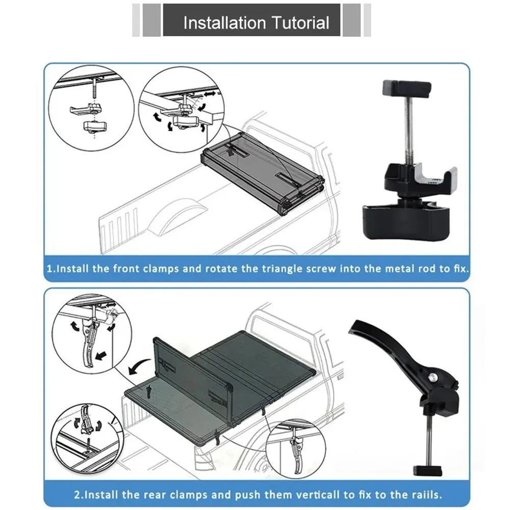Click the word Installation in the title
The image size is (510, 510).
(x=224, y=23)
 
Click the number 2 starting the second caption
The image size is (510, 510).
(x=77, y=495)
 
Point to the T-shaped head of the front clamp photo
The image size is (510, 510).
(x=407, y=88)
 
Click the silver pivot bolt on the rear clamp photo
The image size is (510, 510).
(x=433, y=377)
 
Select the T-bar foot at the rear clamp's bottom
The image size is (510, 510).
(x=427, y=470)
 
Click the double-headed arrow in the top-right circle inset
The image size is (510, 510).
(x=210, y=94)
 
